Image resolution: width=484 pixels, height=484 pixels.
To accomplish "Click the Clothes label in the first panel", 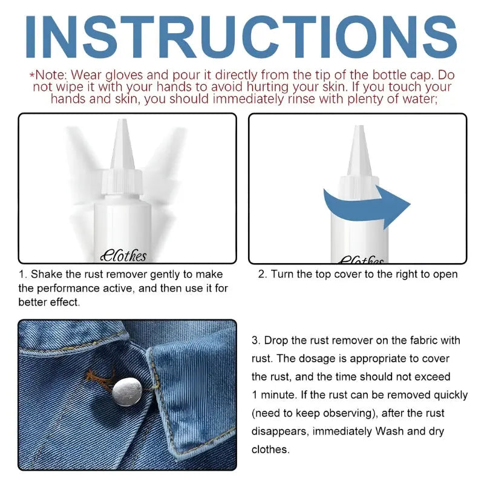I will [x=123, y=256].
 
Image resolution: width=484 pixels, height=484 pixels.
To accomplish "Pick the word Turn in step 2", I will [x=282, y=274].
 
